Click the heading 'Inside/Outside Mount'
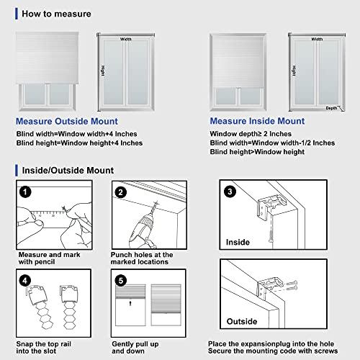[63, 171]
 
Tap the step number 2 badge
[120, 192]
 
